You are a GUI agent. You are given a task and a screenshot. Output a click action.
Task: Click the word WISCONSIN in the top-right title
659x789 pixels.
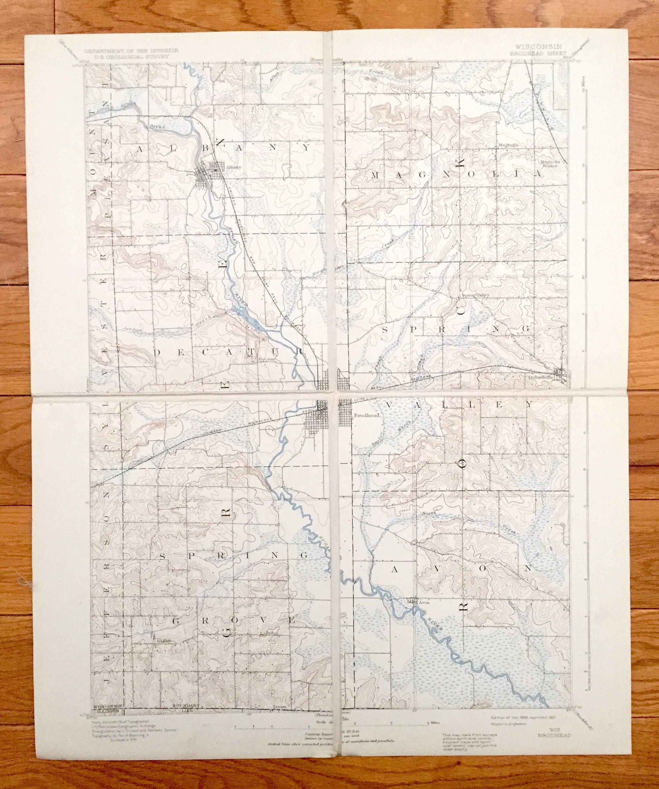tap(537, 47)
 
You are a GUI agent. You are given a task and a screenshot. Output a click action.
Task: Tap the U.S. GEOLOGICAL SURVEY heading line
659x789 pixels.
tap(127, 56)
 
